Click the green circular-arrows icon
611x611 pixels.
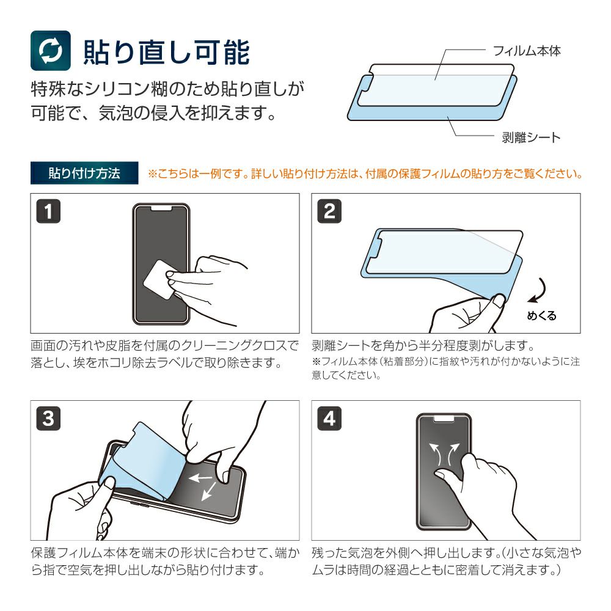pos(51,51)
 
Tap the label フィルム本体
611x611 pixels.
pos(527,51)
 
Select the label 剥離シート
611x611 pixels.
pos(531,137)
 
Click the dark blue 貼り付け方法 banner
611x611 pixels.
pos(84,173)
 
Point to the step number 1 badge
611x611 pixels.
pos(48,211)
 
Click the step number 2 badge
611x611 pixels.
pos(329,211)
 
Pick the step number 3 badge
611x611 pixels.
pos(48,419)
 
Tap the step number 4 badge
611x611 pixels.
pos(329,419)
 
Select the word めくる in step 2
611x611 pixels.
pos(541,316)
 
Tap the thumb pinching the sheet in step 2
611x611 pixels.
pos(499,301)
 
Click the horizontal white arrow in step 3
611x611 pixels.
pos(200,477)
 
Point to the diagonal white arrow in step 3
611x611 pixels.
pos(209,491)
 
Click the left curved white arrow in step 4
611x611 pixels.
pos(436,453)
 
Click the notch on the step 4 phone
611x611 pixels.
pos(444,419)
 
